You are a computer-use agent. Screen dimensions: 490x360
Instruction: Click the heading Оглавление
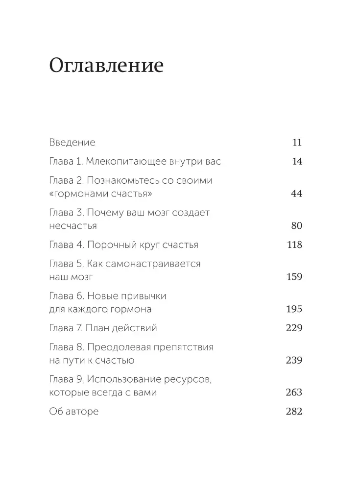coord(106,66)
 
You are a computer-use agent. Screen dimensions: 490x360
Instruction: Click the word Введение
coord(72,143)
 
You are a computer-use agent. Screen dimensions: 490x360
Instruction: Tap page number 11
coord(297,143)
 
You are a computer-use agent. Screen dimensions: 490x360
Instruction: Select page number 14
coord(297,161)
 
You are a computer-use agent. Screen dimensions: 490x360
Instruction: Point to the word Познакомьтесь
coord(127,180)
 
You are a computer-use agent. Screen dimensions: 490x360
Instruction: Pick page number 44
coord(296,194)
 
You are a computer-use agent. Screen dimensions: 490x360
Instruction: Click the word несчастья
coord(73,226)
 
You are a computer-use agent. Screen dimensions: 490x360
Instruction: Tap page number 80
coord(296,226)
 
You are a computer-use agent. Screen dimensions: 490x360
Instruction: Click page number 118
coord(294,245)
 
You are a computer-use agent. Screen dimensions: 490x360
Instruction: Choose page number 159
coord(294,277)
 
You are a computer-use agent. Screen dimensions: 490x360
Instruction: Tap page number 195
coord(294,309)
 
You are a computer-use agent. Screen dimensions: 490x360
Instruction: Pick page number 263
coord(294,392)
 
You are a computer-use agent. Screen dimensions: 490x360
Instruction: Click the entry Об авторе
coord(74,412)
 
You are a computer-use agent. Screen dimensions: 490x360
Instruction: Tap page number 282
coord(294,412)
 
